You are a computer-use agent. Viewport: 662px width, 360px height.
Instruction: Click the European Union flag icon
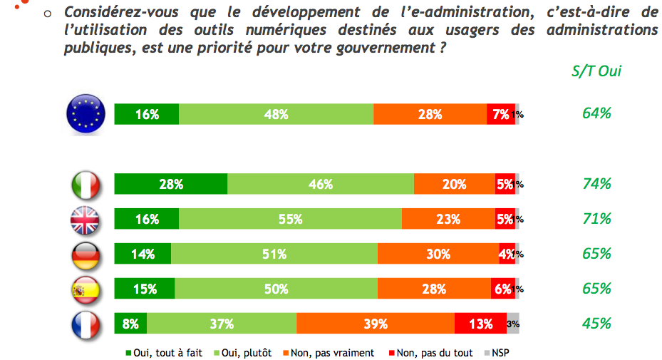coord(86,114)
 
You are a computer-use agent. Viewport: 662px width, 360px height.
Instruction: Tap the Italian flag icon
coord(86,184)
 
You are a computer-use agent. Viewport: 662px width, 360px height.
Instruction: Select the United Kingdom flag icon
coord(86,219)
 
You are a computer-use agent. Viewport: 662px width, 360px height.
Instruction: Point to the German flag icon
coord(86,254)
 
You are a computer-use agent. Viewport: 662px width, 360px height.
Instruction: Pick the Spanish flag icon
coord(86,289)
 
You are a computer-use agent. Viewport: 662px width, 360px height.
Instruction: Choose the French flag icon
coord(86,324)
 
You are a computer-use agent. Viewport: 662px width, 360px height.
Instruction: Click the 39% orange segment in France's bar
coord(376,324)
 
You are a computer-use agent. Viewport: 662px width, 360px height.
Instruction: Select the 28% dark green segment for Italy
coord(171,184)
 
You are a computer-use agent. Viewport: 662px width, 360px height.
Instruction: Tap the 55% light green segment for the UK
coord(291,219)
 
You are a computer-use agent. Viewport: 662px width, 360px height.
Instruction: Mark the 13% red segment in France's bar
coord(480,324)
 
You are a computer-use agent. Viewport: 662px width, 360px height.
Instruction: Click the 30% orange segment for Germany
coord(438,254)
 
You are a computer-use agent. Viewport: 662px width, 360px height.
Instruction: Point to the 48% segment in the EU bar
coord(276,114)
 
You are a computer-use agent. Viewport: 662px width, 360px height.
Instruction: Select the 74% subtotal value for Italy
coord(596,184)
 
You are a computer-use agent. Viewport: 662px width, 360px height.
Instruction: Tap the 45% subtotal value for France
coord(596,324)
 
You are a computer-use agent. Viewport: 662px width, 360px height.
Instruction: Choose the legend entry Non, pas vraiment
coord(328,352)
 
